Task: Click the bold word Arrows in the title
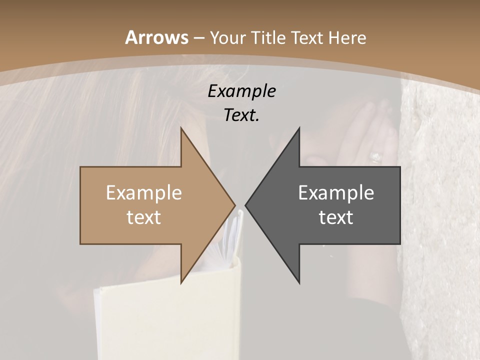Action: click(156, 37)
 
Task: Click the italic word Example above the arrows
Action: click(241, 91)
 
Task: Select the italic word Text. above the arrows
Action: click(241, 115)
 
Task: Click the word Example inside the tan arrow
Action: click(144, 193)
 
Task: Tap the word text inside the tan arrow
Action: click(144, 217)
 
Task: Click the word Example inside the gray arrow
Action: click(336, 193)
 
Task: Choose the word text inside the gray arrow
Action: click(336, 217)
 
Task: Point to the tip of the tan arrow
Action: click(234, 205)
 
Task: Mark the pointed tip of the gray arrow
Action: click(246, 205)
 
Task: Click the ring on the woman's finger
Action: click(375, 157)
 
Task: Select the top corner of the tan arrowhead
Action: click(181, 128)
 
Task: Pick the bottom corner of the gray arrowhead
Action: click(299, 283)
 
